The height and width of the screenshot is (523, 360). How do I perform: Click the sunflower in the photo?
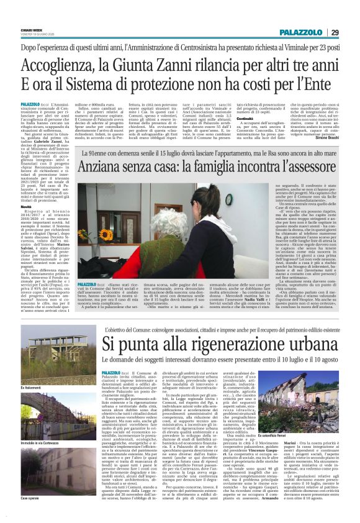(x=84, y=234)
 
